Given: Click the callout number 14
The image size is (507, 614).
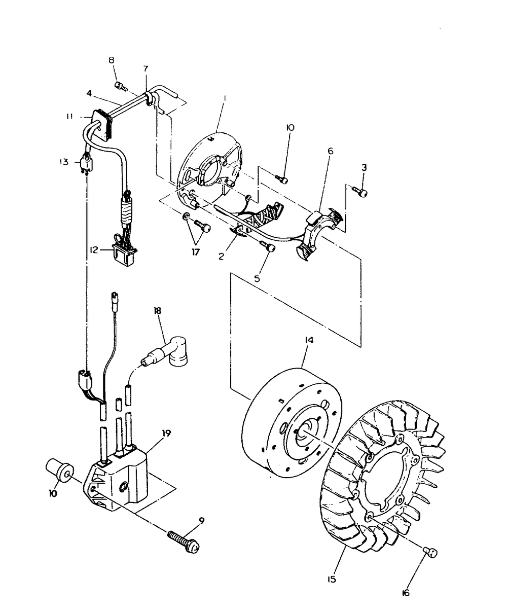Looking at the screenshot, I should pyautogui.click(x=309, y=341).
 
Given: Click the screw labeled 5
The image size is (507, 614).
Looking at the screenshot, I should pyautogui.click(x=270, y=247).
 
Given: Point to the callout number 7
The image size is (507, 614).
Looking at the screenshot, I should pyautogui.click(x=146, y=68).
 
